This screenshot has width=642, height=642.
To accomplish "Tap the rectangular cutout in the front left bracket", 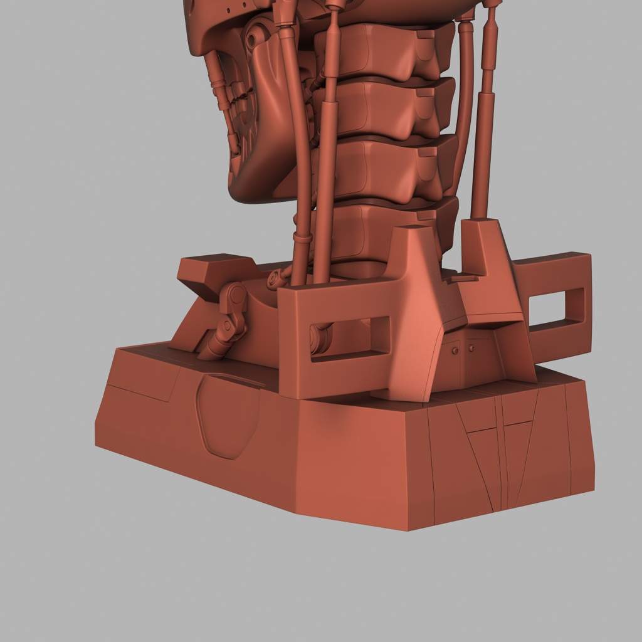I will pyautogui.click(x=349, y=339).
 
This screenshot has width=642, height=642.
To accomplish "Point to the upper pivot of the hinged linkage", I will pyautogui.click(x=236, y=294).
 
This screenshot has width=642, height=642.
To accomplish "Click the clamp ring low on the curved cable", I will pyautogui.click(x=302, y=238).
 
